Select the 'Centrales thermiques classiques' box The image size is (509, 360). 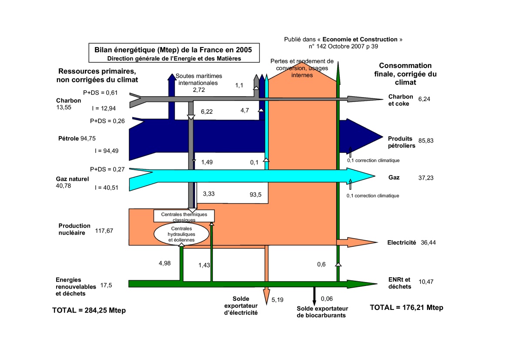tap(184, 216)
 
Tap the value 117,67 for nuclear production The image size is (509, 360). tap(104, 231)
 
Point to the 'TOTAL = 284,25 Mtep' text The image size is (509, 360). tap(91, 310)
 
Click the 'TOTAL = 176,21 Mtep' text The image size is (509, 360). tap(406, 308)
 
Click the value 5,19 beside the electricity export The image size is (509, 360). tap(278, 300)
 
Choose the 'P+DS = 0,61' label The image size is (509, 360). tap(101, 93)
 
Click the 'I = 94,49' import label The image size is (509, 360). tap(106, 151)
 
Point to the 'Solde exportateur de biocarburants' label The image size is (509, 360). tap(321, 312)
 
